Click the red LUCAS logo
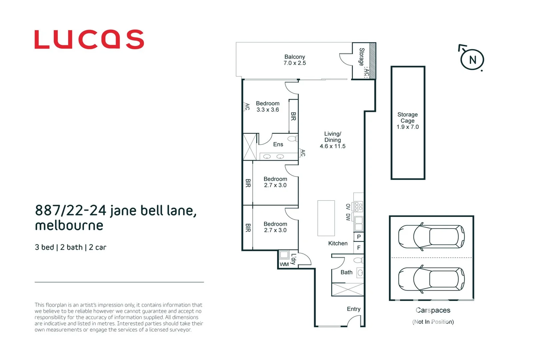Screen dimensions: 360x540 [x=89, y=39]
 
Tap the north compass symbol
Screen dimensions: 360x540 [x=472, y=59]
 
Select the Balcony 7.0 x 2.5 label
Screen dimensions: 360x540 [x=294, y=60]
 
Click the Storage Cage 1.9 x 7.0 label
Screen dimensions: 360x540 [x=407, y=121]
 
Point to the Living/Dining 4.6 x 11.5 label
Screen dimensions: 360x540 [x=332, y=140]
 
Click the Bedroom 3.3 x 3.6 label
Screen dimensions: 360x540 [x=268, y=107]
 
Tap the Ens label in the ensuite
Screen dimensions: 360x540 [x=278, y=144]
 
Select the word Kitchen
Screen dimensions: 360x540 [x=338, y=243]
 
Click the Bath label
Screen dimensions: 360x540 [x=346, y=272]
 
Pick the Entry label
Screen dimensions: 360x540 [x=353, y=309]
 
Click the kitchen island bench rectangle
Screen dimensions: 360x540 [x=326, y=218]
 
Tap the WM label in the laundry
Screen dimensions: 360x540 [x=284, y=264]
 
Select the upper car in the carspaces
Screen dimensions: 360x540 [x=431, y=237]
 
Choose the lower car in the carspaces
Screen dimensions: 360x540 [x=431, y=279]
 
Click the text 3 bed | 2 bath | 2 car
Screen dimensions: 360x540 [x=70, y=247]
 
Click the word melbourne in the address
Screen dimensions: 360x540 [x=69, y=226]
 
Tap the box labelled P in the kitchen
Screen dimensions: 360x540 [x=359, y=237]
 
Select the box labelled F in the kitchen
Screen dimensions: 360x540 [x=359, y=248]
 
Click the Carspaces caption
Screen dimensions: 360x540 [x=433, y=310]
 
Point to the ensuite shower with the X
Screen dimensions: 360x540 [x=249, y=147]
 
